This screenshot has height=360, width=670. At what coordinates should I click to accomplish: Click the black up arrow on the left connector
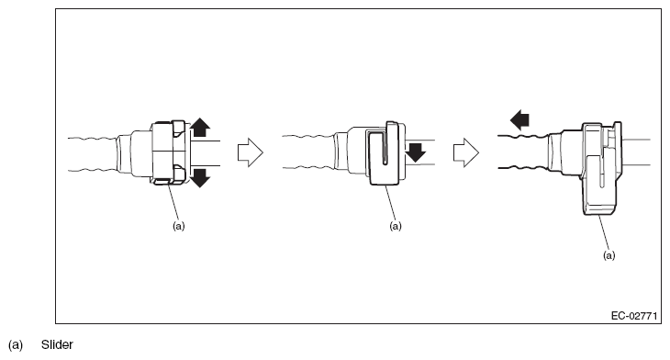pos(200,128)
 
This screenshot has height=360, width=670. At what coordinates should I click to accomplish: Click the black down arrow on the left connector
pos(200,178)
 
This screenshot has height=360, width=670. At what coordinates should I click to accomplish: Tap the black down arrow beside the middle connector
pos(416,152)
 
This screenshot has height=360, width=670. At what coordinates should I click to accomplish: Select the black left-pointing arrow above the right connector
pos(519,119)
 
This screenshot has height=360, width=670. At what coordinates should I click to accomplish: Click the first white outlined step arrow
pos(251,152)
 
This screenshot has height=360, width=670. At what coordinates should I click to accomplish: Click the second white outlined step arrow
pos(466,152)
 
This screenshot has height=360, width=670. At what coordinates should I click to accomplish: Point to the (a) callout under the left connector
pos(179,226)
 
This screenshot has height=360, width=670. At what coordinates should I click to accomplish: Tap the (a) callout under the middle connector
pos(396,226)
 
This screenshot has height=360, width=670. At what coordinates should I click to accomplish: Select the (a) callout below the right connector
pos(609,255)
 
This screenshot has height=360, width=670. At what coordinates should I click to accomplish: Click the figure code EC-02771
pos(634,316)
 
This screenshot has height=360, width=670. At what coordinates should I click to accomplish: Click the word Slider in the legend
pos(57,344)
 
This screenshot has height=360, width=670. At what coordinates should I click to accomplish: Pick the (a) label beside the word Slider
pos(16,344)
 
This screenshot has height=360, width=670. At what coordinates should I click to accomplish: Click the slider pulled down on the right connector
pos(600,169)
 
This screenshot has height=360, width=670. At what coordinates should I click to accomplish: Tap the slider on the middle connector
pos(384,154)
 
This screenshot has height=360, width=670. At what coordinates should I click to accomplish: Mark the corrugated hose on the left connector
pos(93,154)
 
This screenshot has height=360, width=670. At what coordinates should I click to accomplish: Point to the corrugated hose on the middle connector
pos(308,152)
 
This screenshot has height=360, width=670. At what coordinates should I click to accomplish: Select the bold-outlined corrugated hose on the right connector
pos(524,152)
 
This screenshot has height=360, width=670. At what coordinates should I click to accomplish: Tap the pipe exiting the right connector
pos(635,152)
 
